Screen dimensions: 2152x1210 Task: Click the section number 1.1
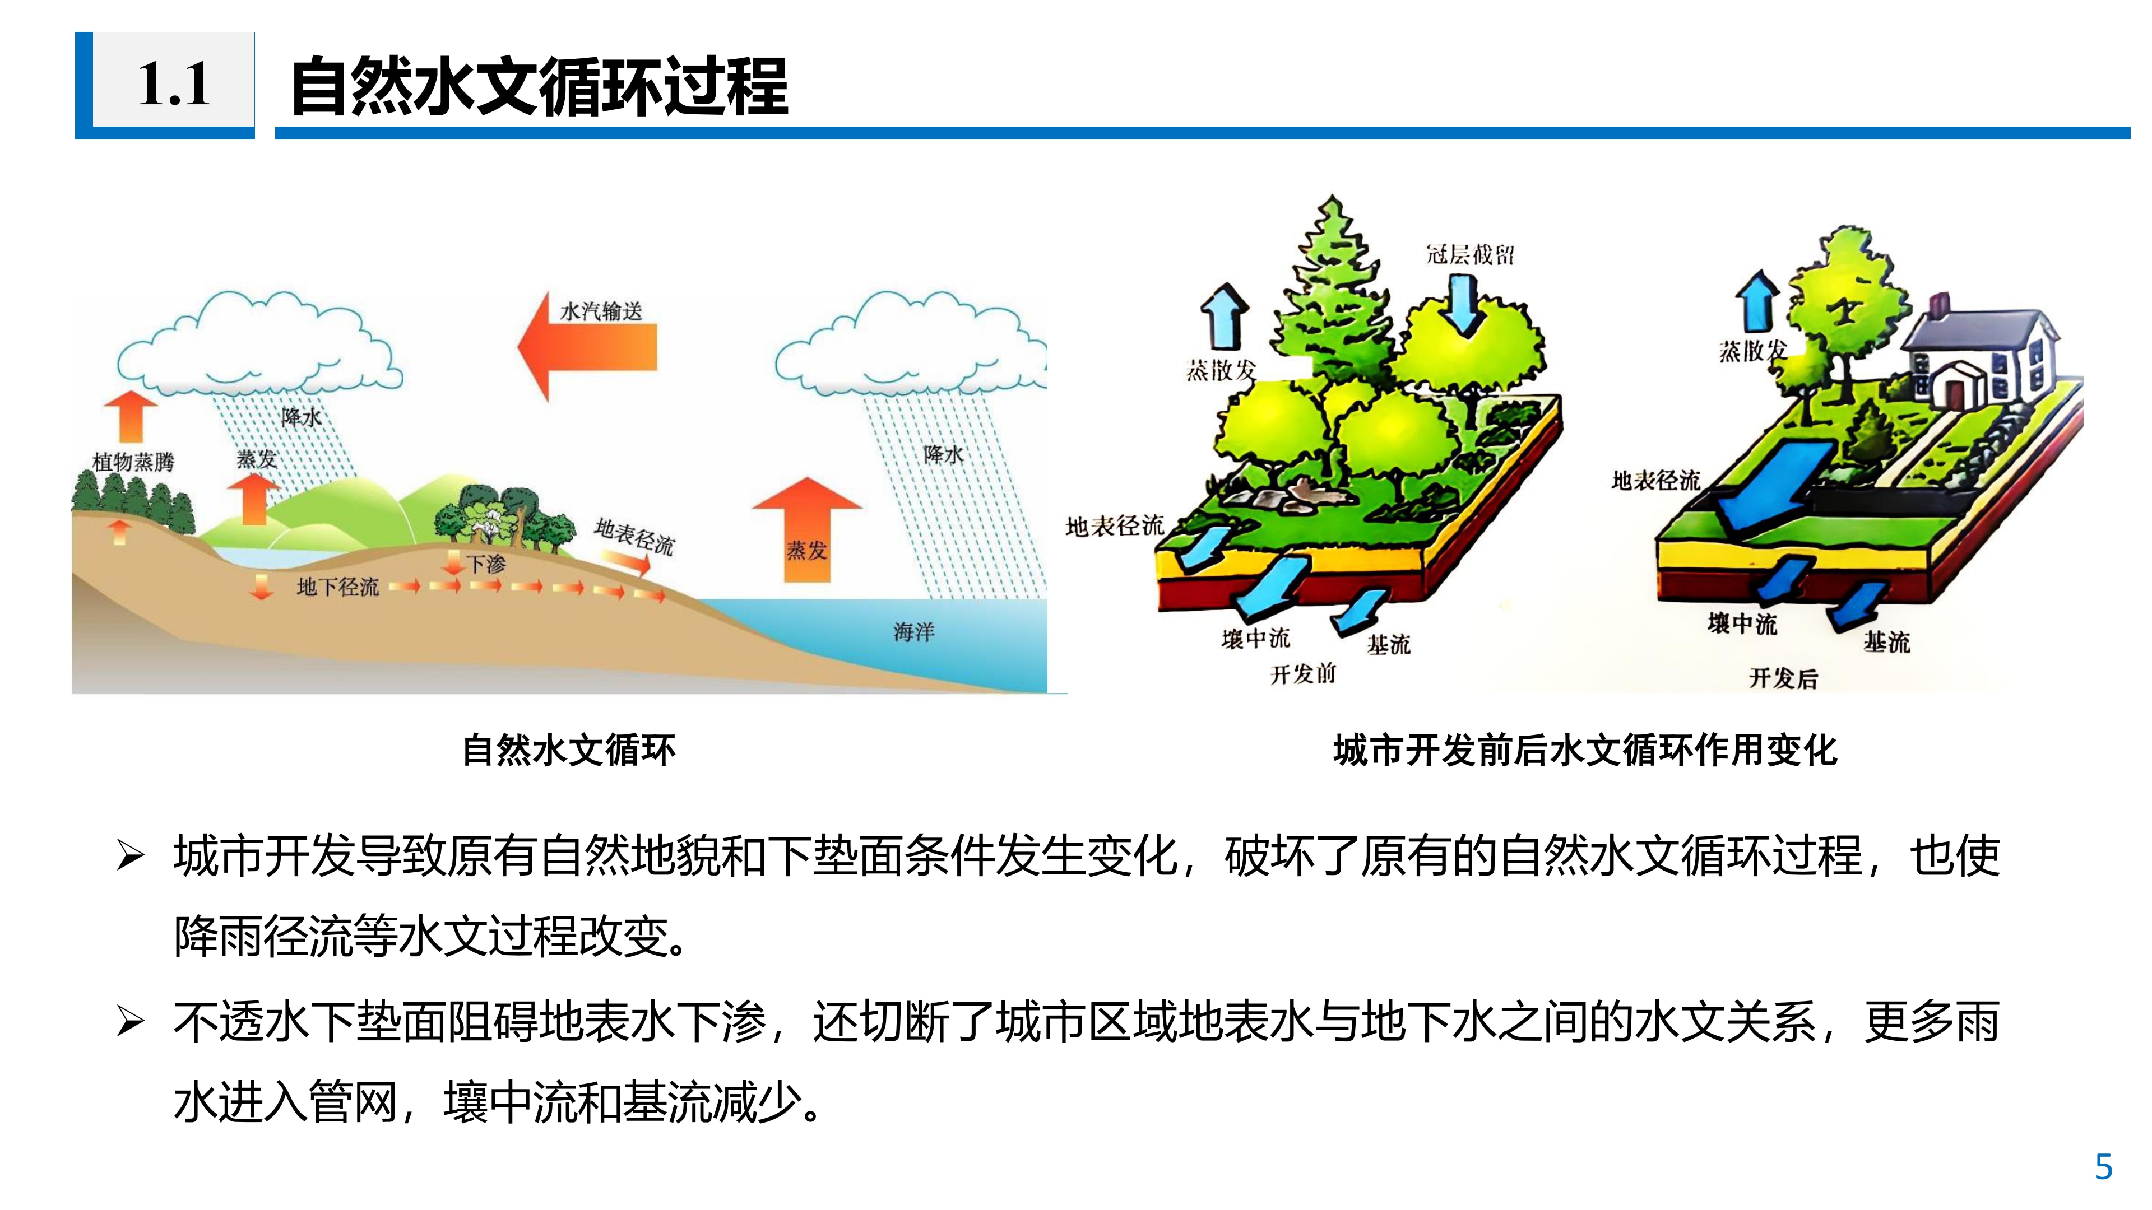(x=174, y=85)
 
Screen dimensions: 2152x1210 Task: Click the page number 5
(x=2104, y=1166)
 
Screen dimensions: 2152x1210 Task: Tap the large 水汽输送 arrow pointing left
(x=587, y=346)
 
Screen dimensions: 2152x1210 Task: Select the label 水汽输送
(x=601, y=311)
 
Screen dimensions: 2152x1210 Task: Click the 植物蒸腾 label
(x=134, y=462)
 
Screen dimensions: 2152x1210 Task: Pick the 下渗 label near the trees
(x=486, y=565)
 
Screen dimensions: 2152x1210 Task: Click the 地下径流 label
(x=337, y=587)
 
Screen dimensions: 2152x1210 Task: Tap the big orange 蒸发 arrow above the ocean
(x=807, y=529)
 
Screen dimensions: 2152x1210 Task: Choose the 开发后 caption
(x=1784, y=677)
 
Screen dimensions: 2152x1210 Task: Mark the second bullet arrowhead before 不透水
(x=131, y=1021)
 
